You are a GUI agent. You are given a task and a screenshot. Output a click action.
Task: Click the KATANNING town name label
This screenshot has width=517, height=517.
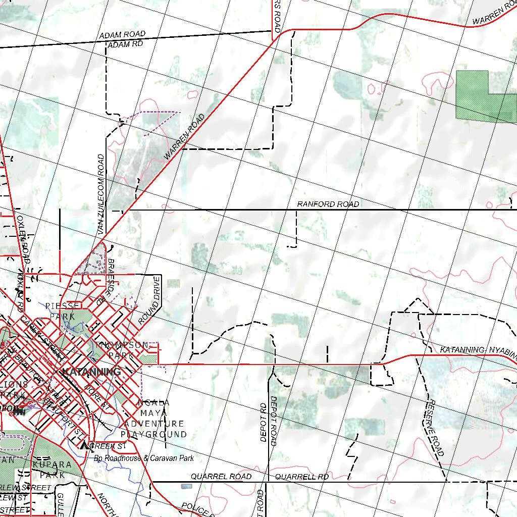coord(91,372)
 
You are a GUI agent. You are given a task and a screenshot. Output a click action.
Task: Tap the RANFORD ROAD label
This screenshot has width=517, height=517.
coord(328,204)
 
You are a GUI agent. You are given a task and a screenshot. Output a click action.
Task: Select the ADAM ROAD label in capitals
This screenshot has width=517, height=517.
coord(122,35)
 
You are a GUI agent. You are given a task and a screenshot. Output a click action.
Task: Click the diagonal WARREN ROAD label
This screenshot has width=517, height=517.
coord(185,137)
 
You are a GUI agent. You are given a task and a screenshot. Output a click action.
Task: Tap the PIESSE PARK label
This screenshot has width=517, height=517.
coord(62,311)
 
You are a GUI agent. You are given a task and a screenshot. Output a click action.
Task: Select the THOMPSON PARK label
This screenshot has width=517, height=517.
coord(122,350)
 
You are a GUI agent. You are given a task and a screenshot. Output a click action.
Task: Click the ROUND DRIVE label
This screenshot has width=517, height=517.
coord(149,300)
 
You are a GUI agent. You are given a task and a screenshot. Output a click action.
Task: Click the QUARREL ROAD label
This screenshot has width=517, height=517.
coord(221,477)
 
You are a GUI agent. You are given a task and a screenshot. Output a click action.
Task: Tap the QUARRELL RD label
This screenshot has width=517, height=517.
coord(302,477)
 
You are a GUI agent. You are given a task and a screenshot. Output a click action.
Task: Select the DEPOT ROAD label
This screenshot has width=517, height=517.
coord(273,421)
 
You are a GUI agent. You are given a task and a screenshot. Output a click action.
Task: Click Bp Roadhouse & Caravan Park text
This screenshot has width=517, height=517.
coord(144,458)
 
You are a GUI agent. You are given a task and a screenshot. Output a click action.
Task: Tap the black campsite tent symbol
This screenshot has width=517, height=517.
coord(84,445)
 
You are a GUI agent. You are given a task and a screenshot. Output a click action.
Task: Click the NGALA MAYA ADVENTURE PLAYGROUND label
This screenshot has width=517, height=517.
coord(154,419)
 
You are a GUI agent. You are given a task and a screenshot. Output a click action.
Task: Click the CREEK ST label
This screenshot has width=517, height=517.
coord(108,446)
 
